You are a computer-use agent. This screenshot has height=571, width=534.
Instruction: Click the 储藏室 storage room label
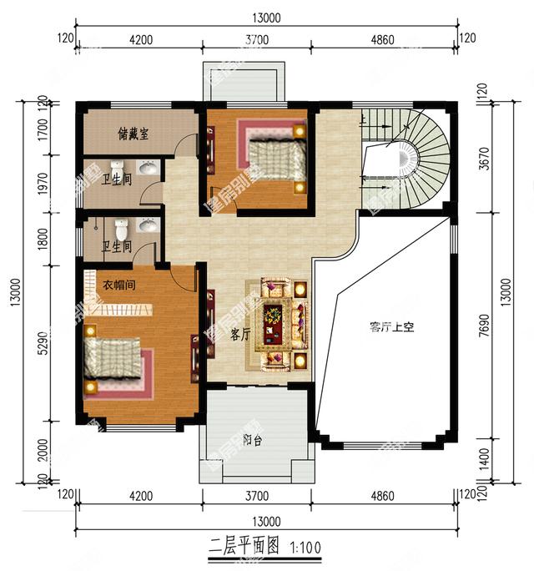tap(133, 134)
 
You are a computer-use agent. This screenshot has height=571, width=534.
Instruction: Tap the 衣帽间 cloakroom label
tap(119, 285)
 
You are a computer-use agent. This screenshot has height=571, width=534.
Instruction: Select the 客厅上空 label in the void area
tap(391, 326)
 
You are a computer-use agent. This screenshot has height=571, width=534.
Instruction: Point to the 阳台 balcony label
tap(252, 441)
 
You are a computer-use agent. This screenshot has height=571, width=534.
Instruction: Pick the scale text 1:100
tap(305, 550)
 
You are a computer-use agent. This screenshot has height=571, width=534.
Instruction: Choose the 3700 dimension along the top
tap(257, 38)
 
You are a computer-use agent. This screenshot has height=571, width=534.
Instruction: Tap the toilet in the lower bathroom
tap(122, 227)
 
